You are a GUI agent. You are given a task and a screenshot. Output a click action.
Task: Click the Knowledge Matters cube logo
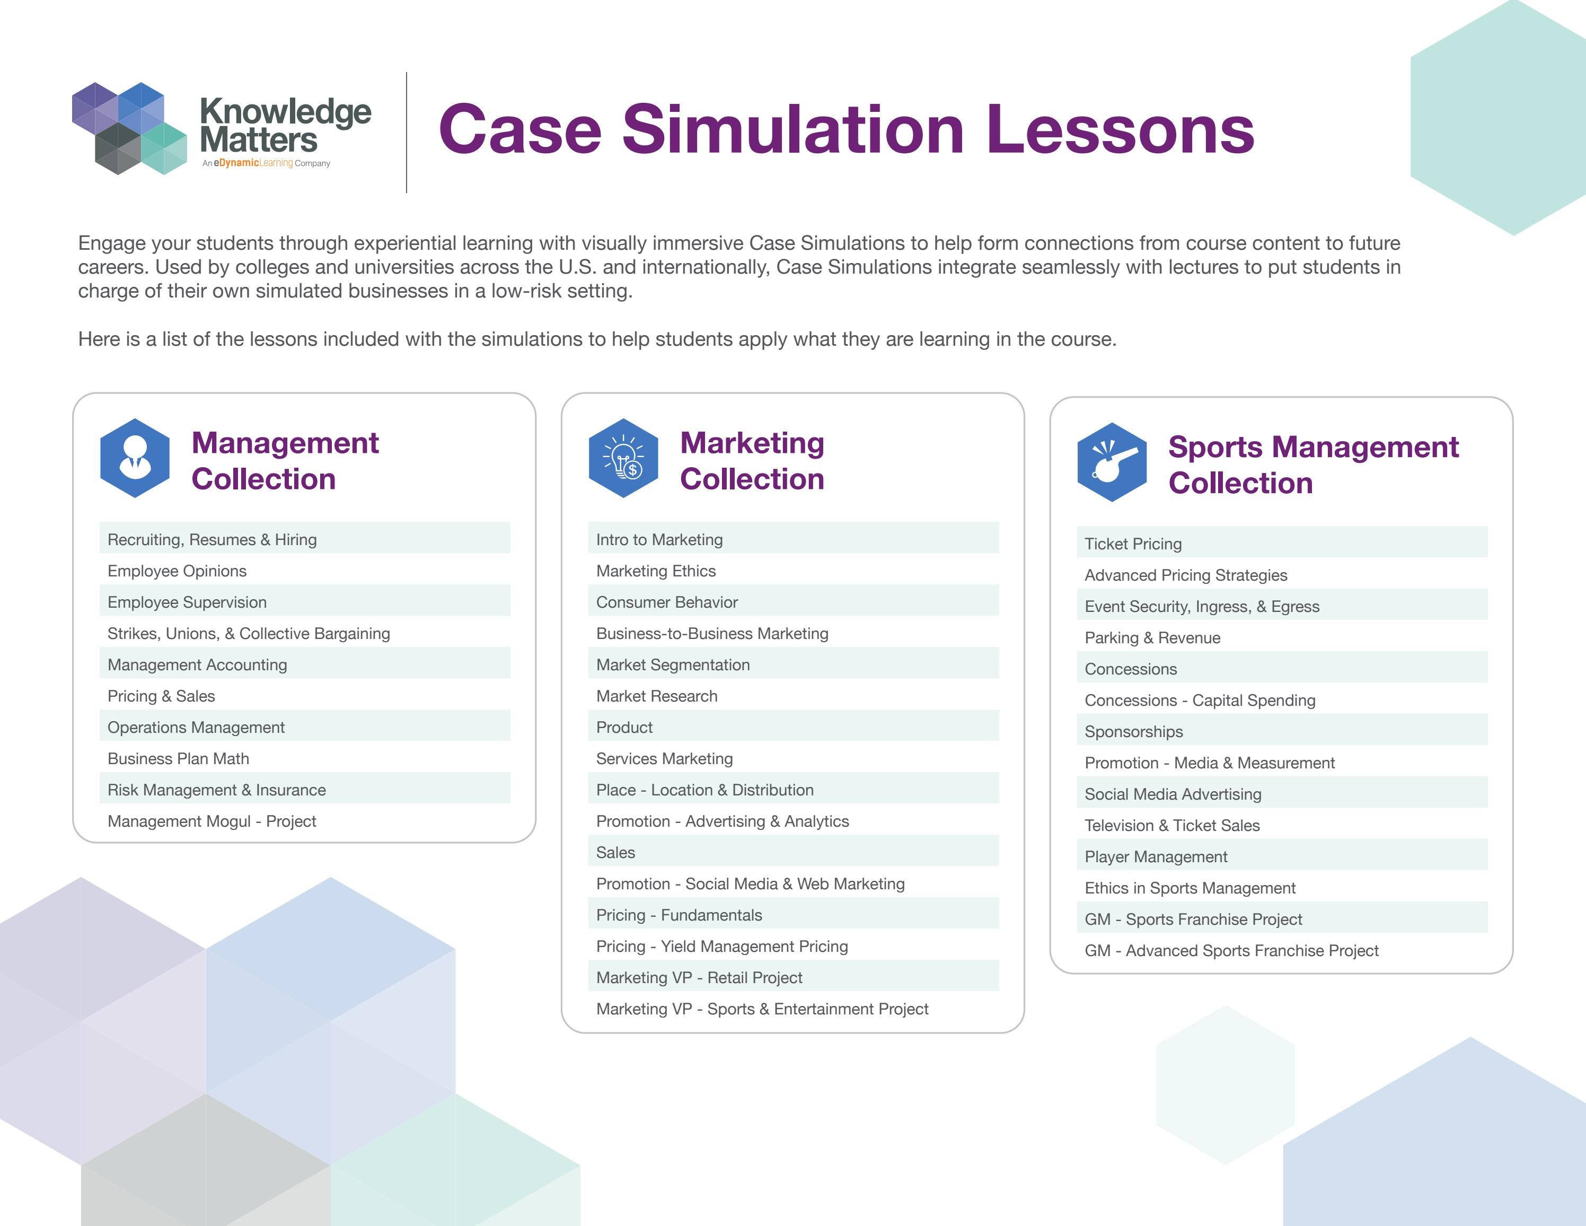(x=129, y=128)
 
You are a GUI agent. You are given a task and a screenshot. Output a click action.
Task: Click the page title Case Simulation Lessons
(x=846, y=129)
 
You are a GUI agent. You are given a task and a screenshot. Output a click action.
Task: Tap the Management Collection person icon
(x=135, y=458)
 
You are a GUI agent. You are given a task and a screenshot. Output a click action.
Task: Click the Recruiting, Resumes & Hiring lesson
(x=212, y=540)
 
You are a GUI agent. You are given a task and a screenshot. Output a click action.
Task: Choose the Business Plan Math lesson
(x=179, y=758)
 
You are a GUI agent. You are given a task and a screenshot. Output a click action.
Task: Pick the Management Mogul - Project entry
(x=212, y=821)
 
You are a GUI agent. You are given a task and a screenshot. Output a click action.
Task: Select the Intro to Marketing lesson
(x=659, y=540)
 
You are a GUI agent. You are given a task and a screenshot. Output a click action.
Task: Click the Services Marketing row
(x=665, y=758)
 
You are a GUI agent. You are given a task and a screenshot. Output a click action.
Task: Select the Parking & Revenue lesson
(x=1152, y=638)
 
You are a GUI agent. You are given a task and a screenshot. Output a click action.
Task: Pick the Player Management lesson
(x=1156, y=856)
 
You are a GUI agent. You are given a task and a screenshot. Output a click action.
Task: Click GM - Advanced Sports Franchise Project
(x=1231, y=950)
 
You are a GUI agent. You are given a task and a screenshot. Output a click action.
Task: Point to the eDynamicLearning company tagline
(x=267, y=163)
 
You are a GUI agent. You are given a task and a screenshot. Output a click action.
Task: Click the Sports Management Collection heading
(x=1313, y=465)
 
